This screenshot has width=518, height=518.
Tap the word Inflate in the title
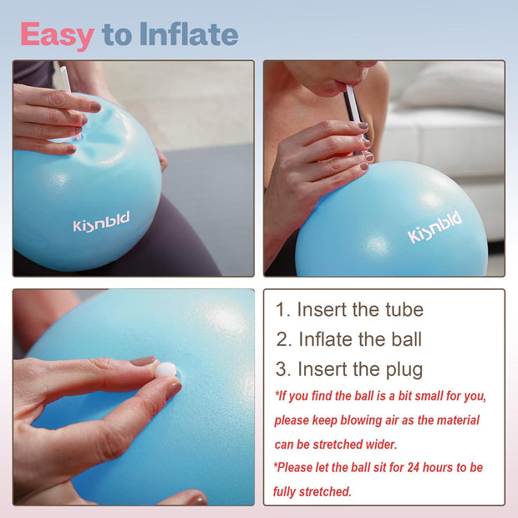(188, 35)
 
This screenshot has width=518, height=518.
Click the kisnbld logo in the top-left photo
(101, 226)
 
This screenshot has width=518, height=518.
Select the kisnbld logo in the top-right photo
(434, 229)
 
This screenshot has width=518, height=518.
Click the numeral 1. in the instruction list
(283, 310)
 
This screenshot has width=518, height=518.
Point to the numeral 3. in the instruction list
(283, 368)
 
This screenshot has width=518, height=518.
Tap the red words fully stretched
(312, 492)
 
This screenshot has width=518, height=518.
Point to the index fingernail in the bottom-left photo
(144, 361)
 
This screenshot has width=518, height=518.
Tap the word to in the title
(116, 35)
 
